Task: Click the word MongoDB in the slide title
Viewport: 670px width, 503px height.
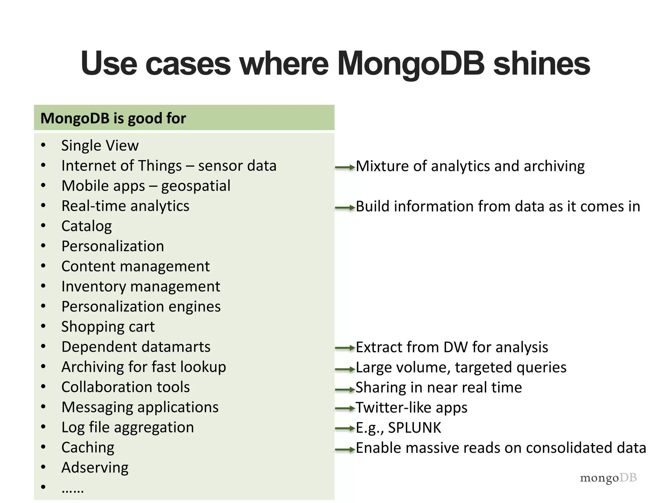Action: point(411,64)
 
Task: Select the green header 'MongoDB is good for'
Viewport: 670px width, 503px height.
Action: point(113,118)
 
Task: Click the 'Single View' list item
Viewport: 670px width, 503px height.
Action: point(100,145)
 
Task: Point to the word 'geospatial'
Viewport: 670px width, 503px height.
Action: point(196,186)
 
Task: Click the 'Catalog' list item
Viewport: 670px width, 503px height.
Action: point(86,226)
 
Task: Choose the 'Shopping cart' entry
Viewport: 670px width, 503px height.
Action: point(108,326)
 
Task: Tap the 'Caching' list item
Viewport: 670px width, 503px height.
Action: point(88,447)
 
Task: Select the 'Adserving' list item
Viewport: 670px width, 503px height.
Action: point(95,467)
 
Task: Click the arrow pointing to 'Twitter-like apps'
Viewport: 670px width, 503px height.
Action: point(345,408)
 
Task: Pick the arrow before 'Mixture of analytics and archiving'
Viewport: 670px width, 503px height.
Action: point(345,168)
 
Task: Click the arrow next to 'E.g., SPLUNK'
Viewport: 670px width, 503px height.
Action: point(345,428)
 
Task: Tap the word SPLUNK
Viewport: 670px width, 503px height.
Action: point(414,428)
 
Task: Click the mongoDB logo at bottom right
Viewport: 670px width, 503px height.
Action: point(608,478)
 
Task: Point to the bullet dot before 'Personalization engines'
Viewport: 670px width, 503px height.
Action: point(43,306)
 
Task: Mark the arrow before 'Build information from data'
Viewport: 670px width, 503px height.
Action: point(345,208)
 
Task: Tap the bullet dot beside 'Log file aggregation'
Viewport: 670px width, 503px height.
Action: point(43,427)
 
